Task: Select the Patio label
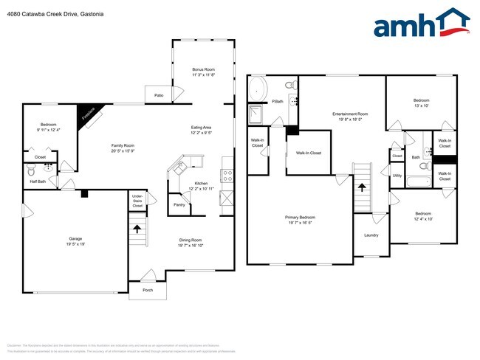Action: tap(159, 96)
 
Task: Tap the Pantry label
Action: tap(178, 204)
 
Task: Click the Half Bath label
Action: tap(38, 181)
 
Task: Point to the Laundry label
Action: tap(371, 235)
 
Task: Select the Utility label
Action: tap(397, 175)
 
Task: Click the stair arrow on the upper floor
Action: tap(362, 187)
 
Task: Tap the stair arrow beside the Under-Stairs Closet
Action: tap(137, 228)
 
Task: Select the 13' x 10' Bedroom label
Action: tap(421, 103)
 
